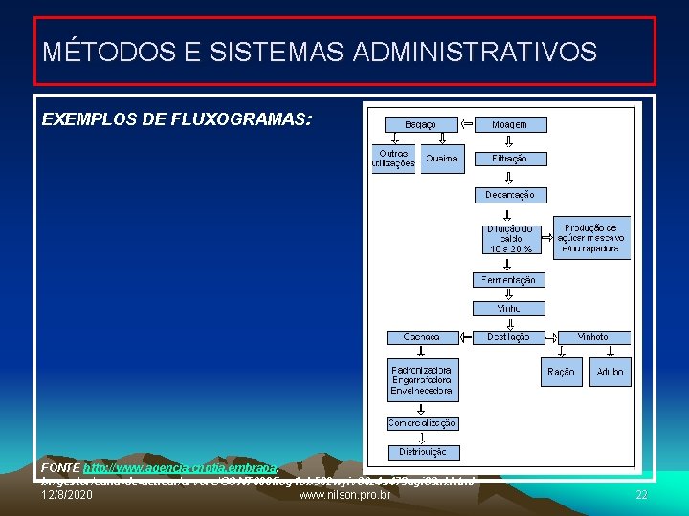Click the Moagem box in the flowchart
tap(508, 124)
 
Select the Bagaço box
tap(420, 124)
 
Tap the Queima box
tap(442, 159)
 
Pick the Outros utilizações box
tap(393, 159)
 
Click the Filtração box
tap(508, 159)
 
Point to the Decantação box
tap(510, 194)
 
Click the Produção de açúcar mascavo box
tap(591, 238)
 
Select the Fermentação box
tap(509, 280)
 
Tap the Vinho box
tap(509, 309)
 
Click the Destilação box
tap(509, 337)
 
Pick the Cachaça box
tap(422, 337)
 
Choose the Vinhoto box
tap(592, 337)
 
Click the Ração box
tap(562, 372)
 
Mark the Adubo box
tap(610, 372)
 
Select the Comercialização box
tap(422, 423)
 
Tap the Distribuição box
tap(422, 452)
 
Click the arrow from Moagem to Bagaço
tap(467, 124)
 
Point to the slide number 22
tap(641, 495)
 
